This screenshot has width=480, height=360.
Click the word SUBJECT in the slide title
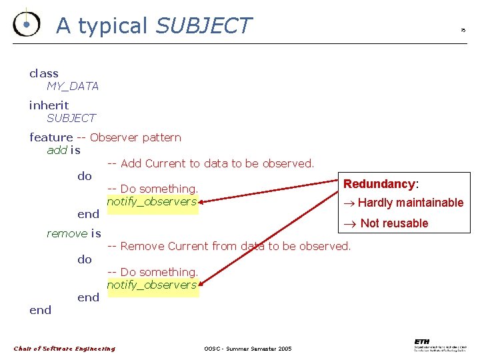click(x=203, y=25)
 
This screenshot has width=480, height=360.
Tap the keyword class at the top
click(x=44, y=73)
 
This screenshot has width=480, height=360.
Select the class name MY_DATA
click(x=73, y=86)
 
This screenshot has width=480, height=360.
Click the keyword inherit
click(x=49, y=105)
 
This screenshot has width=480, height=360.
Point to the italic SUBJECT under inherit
click(x=71, y=118)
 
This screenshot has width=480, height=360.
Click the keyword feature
click(x=51, y=137)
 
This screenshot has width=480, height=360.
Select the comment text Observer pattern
click(x=135, y=137)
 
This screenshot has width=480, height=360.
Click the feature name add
click(x=57, y=150)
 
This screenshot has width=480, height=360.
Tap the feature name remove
click(x=67, y=233)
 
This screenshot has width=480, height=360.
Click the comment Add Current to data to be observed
click(x=211, y=163)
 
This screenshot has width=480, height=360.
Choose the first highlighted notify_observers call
click(x=152, y=201)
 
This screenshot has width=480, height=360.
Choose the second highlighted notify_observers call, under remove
click(x=152, y=285)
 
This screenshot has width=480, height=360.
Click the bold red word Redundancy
click(x=379, y=184)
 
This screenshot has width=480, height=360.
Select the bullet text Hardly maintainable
click(x=410, y=203)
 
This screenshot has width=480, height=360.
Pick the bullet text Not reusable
click(x=393, y=223)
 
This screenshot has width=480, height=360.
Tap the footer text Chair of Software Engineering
click(x=65, y=348)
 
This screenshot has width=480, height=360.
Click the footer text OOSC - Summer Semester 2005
click(x=248, y=349)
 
